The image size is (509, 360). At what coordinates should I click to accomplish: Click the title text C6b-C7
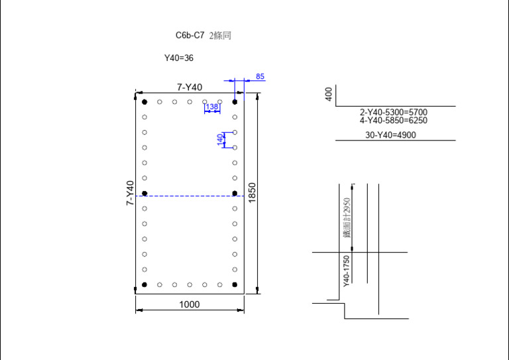[x=190, y=36]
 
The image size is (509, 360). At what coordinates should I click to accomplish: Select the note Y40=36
[x=179, y=58]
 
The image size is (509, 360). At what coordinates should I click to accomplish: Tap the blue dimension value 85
[x=260, y=77]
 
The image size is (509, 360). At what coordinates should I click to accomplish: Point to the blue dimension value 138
[x=212, y=106]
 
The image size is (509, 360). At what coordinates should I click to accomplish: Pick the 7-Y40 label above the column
[x=190, y=87]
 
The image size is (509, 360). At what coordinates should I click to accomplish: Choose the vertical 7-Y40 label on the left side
[x=130, y=193]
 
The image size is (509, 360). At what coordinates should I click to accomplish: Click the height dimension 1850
[x=252, y=193]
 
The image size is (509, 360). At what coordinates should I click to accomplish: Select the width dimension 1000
[x=190, y=304]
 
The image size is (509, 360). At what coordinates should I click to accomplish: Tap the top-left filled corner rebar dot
[x=144, y=102]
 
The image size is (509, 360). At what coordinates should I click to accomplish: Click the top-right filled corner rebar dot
[x=235, y=102]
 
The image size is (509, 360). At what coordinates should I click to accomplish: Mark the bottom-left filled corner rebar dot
[x=144, y=285]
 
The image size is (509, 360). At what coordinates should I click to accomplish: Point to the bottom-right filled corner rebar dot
[x=235, y=285]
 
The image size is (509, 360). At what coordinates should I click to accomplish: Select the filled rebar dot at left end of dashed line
[x=144, y=193]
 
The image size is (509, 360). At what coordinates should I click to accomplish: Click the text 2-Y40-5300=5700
[x=394, y=113]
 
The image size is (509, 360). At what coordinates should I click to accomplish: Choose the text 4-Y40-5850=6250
[x=394, y=121]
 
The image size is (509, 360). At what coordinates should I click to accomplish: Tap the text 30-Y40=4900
[x=391, y=135]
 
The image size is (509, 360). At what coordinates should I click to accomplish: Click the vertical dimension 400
[x=329, y=94]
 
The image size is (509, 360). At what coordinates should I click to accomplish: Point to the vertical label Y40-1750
[x=346, y=270]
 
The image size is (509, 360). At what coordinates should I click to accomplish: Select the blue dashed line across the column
[x=190, y=196]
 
